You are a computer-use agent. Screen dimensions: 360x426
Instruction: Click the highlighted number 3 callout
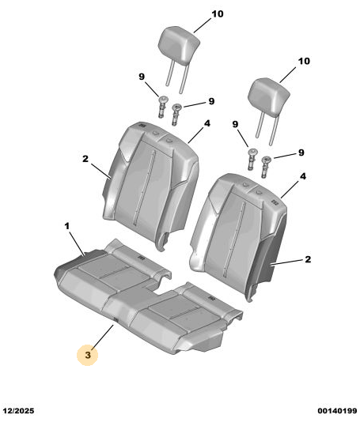pos(88,355)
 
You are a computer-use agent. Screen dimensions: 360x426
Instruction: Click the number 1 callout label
pos(67,226)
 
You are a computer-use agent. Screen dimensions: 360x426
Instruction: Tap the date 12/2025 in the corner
pos(18,410)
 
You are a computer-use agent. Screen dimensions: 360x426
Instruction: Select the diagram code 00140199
pos(337,410)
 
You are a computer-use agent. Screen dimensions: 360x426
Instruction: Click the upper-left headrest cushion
pos(179,45)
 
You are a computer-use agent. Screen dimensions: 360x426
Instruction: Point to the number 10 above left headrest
pos(218,14)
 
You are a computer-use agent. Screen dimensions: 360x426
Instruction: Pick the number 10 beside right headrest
pos(304,61)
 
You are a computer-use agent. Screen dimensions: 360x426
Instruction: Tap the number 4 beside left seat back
pos(207,123)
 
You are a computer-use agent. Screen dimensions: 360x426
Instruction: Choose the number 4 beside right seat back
pos(303,176)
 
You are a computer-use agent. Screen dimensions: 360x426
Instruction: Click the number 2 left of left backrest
pos(85,159)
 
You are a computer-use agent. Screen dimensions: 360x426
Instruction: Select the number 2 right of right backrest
pos(308,259)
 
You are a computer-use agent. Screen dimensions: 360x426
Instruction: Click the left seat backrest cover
pos(150,185)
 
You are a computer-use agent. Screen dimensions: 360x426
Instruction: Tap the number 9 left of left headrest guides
pos(142,77)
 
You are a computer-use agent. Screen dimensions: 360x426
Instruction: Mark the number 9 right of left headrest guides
pos(211,101)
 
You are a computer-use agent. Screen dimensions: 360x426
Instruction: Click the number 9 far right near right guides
pos(301,153)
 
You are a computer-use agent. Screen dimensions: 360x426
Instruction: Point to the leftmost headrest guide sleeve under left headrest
pos(163,107)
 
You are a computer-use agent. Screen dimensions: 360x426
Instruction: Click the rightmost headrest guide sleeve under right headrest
pos(265,167)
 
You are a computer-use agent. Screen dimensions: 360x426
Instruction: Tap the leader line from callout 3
pos(103,337)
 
